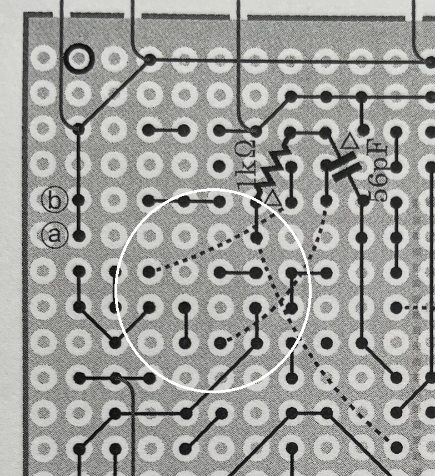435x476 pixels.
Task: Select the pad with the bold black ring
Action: pos(79,58)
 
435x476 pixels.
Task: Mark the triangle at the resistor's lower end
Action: pos(273,199)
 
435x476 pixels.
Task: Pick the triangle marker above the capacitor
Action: pos(349,142)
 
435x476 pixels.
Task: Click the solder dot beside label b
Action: pos(79,200)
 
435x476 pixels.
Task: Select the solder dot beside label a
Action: pos(79,236)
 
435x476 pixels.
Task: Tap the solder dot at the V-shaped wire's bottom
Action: pos(115,343)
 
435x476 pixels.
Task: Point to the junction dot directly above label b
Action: pos(79,128)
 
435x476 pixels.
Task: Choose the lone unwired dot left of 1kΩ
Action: pos(219,166)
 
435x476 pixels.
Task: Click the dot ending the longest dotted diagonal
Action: pos(397,447)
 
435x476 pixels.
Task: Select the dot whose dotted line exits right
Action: pos(396,308)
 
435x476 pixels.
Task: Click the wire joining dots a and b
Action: pos(79,218)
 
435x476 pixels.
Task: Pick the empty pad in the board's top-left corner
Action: pos(43,57)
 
